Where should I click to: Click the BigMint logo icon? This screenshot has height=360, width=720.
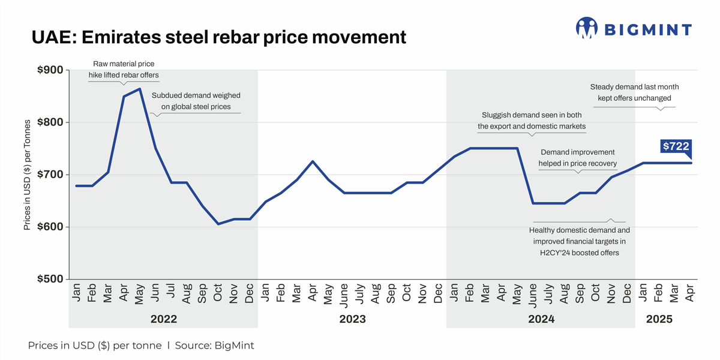[587, 28]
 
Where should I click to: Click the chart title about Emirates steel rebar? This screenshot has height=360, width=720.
[218, 37]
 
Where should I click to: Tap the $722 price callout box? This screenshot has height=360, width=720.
[676, 146]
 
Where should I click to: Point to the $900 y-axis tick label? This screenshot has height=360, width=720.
[50, 70]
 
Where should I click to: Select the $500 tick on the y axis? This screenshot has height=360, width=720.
[50, 279]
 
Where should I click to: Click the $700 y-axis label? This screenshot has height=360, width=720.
[50, 175]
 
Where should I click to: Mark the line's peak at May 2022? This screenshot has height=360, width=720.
[140, 89]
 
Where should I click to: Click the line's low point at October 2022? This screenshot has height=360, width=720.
[218, 224]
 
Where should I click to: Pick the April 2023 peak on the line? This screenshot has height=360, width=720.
[313, 161]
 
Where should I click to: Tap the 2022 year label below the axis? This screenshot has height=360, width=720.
[163, 319]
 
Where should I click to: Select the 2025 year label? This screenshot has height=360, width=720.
[659, 319]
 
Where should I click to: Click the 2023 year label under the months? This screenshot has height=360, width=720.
[352, 319]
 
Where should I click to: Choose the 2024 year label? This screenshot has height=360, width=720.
[541, 319]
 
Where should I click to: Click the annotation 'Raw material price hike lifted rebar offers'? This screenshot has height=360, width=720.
[124, 69]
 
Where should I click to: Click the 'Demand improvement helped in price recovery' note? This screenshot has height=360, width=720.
[578, 158]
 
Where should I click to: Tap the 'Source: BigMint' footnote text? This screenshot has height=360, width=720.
[214, 346]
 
